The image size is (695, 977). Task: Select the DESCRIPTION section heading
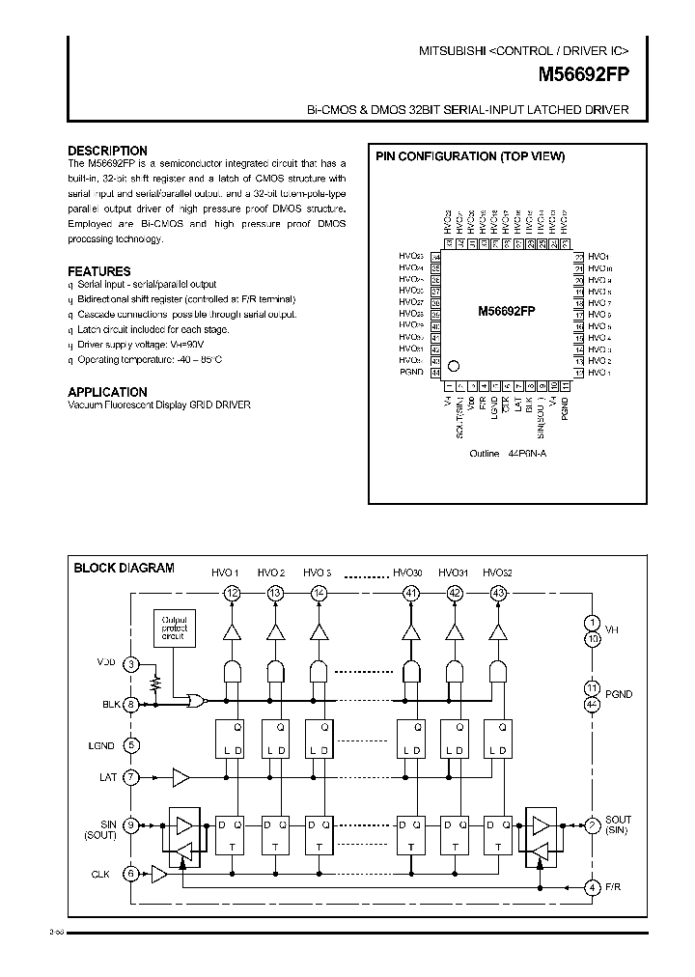107,151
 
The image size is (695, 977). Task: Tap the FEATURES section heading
98,271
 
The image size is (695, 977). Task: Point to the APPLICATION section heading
107,392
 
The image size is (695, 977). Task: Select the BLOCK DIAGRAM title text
124,568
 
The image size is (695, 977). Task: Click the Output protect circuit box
175,628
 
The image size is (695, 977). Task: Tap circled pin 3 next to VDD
132,663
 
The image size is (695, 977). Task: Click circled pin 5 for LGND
132,745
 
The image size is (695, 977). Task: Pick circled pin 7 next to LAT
132,776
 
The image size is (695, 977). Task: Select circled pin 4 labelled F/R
593,887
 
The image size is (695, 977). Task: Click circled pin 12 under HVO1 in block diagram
231,593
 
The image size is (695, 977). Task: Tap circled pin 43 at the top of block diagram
498,593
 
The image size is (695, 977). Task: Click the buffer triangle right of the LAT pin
181,776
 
